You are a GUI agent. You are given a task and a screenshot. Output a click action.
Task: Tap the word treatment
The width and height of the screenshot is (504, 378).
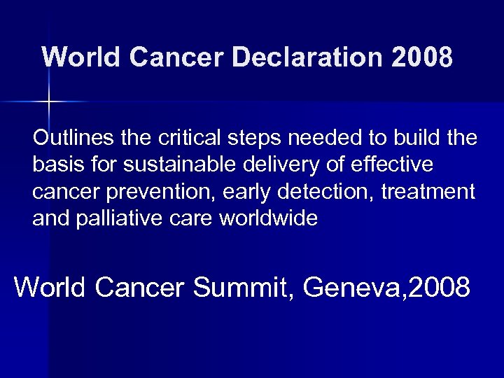coord(430,192)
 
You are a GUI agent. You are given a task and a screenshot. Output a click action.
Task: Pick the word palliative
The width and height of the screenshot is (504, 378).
coord(122,219)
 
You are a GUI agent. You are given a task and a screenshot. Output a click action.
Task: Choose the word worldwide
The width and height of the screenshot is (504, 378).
coord(269,219)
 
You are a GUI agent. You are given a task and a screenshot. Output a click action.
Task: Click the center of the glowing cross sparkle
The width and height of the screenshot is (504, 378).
coord(47,102)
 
